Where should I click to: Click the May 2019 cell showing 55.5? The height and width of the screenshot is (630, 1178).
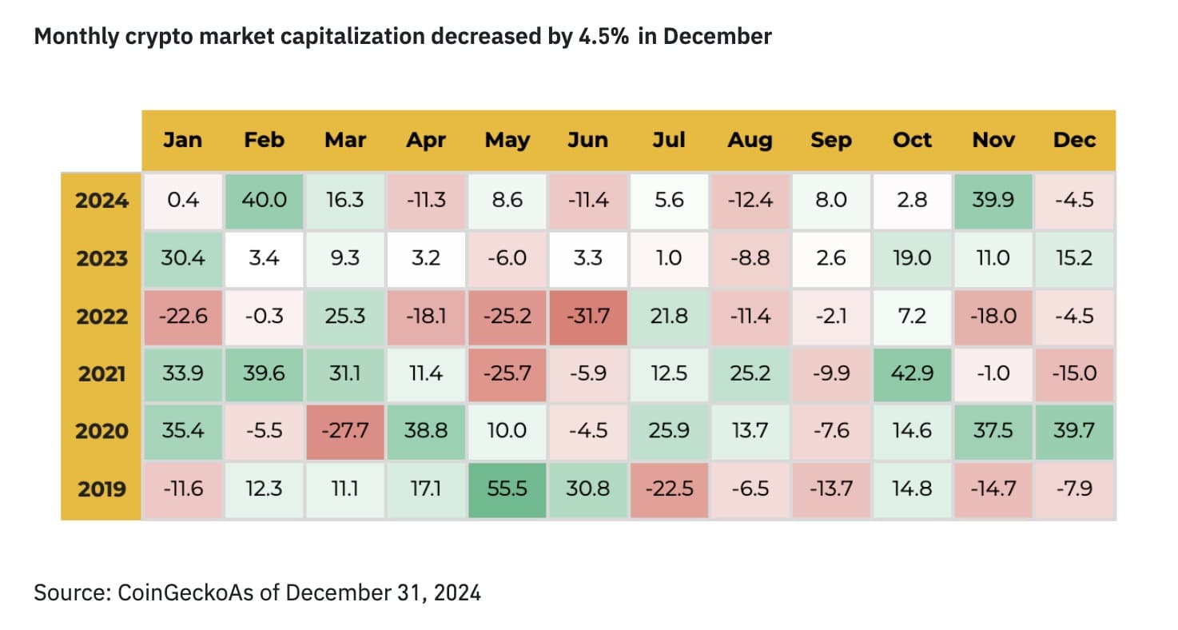point(507,488)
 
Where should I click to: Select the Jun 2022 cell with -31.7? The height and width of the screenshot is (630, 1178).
point(588,316)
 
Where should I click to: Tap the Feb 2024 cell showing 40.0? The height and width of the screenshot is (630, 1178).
point(264,200)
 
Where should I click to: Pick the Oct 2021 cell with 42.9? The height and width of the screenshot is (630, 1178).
point(912,373)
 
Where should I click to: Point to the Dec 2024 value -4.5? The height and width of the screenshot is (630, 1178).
point(1074,200)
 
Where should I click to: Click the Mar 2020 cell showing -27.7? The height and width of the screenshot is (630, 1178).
point(345,431)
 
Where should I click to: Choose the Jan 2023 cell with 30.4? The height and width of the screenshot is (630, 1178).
point(182,258)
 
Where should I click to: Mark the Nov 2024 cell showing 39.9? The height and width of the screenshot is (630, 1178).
point(993,200)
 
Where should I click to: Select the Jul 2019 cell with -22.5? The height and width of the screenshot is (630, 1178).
point(669,488)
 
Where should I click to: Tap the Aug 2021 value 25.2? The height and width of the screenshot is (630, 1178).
point(750,373)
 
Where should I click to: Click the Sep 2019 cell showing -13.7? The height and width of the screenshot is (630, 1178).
point(831,488)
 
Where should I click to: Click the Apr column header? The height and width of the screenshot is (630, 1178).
point(426,140)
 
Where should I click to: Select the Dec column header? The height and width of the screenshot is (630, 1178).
point(1074,140)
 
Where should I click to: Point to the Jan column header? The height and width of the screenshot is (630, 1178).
point(182,140)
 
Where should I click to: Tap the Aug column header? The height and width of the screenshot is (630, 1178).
point(750,140)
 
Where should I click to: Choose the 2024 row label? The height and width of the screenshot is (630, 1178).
point(101,201)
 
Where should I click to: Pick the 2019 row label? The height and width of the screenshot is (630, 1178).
point(101,489)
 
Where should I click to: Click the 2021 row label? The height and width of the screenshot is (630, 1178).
point(101,374)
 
